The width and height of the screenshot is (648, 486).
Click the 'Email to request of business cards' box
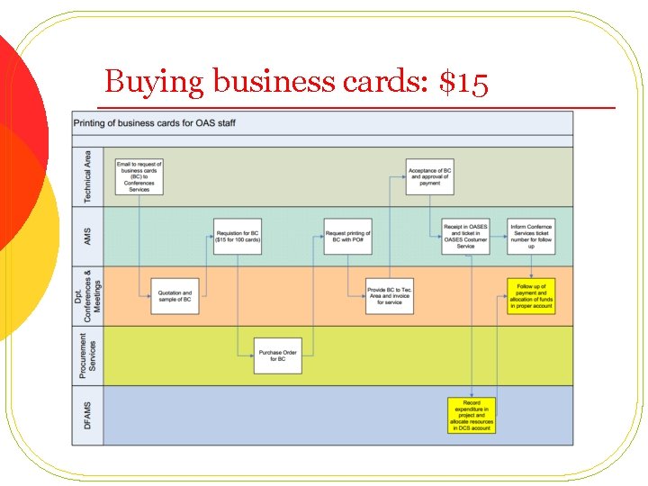(139, 176)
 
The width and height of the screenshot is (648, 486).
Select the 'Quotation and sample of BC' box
(175, 295)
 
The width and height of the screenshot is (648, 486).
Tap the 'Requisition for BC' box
(238, 236)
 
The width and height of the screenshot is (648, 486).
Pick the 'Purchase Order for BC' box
(277, 355)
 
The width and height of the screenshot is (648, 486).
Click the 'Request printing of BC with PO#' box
(347, 236)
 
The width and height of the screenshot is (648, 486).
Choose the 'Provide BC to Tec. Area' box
(390, 295)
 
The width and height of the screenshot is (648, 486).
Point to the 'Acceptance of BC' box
(429, 176)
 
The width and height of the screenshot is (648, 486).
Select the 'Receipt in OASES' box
(465, 236)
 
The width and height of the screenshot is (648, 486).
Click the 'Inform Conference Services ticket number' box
(531, 236)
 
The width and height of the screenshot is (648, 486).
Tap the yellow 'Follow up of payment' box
(531, 296)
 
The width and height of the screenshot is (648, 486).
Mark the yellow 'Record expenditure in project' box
(472, 415)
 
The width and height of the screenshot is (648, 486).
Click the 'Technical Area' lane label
(87, 176)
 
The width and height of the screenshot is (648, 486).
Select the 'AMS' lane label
(87, 236)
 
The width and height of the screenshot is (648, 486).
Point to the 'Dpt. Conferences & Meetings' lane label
(87, 295)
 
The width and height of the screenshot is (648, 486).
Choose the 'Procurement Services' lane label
(87, 355)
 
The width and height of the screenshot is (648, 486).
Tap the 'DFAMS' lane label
(87, 415)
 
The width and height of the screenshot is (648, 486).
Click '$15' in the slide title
(463, 83)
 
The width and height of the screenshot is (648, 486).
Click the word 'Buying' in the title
(155, 83)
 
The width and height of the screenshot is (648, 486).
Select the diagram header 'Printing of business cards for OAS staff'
(155, 122)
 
